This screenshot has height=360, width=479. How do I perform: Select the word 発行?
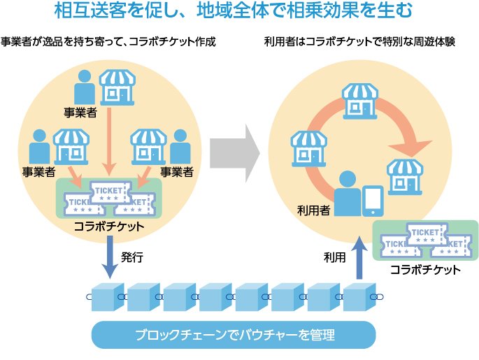tap(132, 257)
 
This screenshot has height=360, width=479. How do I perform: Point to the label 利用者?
tap(313, 208)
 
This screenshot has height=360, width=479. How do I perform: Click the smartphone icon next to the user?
tap(372, 201)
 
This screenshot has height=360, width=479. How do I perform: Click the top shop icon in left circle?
tap(116, 86)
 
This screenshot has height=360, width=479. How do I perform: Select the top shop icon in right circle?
tap(359, 99)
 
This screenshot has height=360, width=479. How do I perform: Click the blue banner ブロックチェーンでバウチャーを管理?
tap(234, 335)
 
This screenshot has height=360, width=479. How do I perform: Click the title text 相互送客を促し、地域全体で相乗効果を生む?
tap(238, 12)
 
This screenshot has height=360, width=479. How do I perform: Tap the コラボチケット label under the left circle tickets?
tap(108, 226)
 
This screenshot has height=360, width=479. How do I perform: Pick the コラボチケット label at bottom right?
tap(425, 270)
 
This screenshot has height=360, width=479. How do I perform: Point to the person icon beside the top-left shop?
tap(85, 86)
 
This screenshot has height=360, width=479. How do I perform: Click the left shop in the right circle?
tap(308, 145)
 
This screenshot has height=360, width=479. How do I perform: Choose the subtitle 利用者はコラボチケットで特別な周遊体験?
tap(359, 41)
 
